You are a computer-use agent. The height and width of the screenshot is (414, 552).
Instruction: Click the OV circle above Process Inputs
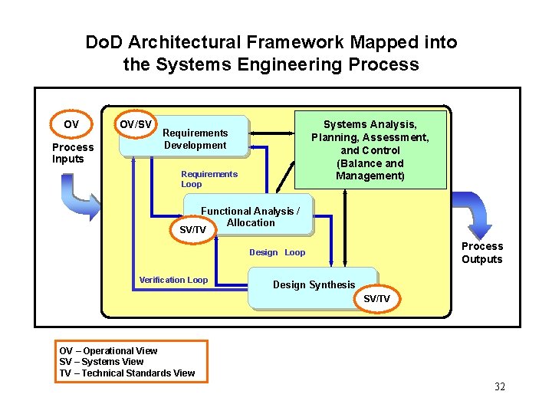(71, 124)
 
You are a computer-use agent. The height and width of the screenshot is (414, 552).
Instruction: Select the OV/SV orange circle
(137, 124)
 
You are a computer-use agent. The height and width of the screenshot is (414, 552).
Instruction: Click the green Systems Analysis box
(370, 149)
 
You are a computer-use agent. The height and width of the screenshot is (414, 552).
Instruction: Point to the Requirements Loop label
(209, 179)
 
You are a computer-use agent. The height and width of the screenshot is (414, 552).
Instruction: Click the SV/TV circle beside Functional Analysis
(192, 229)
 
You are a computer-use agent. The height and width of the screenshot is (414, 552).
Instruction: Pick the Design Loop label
(277, 252)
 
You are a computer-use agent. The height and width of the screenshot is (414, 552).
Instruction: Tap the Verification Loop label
(173, 280)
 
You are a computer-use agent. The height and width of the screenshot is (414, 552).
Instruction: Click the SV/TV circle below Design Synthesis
(376, 298)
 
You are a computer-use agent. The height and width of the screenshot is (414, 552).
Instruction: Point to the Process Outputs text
(482, 253)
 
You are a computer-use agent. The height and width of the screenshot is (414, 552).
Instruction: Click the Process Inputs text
(73, 153)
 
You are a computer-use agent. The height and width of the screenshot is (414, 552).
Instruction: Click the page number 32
(500, 386)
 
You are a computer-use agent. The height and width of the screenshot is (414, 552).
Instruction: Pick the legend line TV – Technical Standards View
(127, 373)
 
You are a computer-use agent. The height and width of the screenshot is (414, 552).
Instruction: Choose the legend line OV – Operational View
(108, 351)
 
